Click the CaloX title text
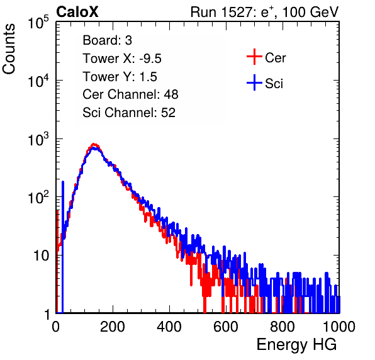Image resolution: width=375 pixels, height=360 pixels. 77,12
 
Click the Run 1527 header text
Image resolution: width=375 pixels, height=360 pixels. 264,12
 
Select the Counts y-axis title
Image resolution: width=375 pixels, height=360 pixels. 9,49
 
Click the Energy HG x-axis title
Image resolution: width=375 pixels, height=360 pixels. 296,345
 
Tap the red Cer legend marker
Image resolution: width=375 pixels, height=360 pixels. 254,57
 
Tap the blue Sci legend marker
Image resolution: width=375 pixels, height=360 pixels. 254,83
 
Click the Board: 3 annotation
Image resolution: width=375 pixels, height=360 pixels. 107,40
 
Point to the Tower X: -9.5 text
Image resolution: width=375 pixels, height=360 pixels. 122,59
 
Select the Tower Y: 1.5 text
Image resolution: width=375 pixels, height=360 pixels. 120,77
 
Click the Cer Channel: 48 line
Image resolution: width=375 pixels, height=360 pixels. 130,94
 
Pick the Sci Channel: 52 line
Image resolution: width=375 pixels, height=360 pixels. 129,113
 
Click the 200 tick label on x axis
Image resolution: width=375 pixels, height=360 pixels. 113,327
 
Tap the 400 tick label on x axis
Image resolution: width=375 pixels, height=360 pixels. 169,327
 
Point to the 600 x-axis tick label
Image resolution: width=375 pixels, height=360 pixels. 226,327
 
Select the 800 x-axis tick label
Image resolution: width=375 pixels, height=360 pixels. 283,327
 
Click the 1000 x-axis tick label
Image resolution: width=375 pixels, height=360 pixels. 339,327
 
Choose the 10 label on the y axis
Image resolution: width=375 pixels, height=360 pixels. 41,256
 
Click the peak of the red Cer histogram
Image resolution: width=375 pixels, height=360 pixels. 94,145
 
